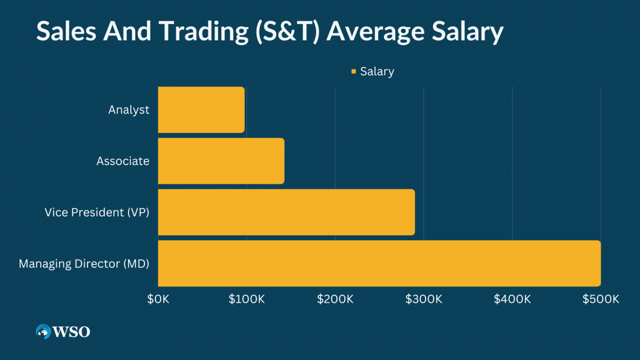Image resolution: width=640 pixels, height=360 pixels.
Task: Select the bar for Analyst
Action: click(201, 110)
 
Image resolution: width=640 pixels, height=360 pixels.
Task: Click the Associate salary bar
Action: click(221, 161)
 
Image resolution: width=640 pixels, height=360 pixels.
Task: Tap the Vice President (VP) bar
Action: click(286, 212)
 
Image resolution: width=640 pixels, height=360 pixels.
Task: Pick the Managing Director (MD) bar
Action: click(379, 263)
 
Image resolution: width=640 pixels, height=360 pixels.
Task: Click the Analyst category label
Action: click(129, 110)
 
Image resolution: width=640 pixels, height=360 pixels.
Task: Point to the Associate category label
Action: click(123, 161)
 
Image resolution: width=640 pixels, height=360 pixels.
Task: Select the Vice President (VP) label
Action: click(97, 212)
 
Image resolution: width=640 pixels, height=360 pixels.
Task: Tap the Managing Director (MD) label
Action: click(84, 263)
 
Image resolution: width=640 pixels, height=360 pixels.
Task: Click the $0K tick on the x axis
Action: click(158, 299)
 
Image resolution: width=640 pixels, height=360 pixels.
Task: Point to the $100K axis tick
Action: click(246, 299)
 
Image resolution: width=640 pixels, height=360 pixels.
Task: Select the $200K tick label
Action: click(335, 299)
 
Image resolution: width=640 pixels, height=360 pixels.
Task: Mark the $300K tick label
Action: click(423, 299)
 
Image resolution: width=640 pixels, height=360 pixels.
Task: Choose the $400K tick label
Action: click(512, 299)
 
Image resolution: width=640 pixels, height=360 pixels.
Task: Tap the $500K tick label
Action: click(601, 299)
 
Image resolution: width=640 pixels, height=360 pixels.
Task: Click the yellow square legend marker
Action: click(354, 71)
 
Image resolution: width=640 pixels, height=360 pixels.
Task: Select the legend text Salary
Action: click(377, 71)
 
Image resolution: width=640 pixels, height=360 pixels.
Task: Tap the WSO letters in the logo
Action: click(72, 332)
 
